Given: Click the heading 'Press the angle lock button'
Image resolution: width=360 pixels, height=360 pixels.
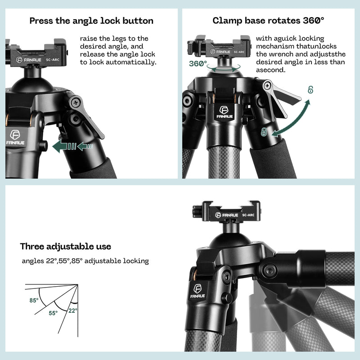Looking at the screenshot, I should click(x=91, y=21).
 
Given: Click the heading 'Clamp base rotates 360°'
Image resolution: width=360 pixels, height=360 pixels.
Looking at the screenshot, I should click(x=268, y=21).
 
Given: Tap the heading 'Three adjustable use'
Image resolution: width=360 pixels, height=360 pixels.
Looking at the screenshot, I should click(x=65, y=247).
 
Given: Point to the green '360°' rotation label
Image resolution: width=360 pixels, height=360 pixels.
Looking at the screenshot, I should click(x=198, y=64).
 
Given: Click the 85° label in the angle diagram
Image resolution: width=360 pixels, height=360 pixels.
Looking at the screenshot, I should click(x=34, y=300).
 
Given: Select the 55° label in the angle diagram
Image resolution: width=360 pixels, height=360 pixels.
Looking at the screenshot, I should click(x=53, y=313).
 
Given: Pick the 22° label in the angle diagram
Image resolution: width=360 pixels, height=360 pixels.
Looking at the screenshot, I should click(x=73, y=310).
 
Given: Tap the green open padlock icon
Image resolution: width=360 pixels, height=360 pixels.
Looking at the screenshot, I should click(x=310, y=90).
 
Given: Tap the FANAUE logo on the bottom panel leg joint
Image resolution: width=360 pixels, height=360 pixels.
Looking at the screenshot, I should click(x=198, y=292).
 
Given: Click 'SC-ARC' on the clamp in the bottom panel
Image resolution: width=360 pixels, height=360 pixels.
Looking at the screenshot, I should click(x=248, y=215).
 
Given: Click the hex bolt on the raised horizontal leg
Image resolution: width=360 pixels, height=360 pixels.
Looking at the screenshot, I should click(x=271, y=270).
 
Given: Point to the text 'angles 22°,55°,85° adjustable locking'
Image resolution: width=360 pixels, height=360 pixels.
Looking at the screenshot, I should click(x=85, y=261).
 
